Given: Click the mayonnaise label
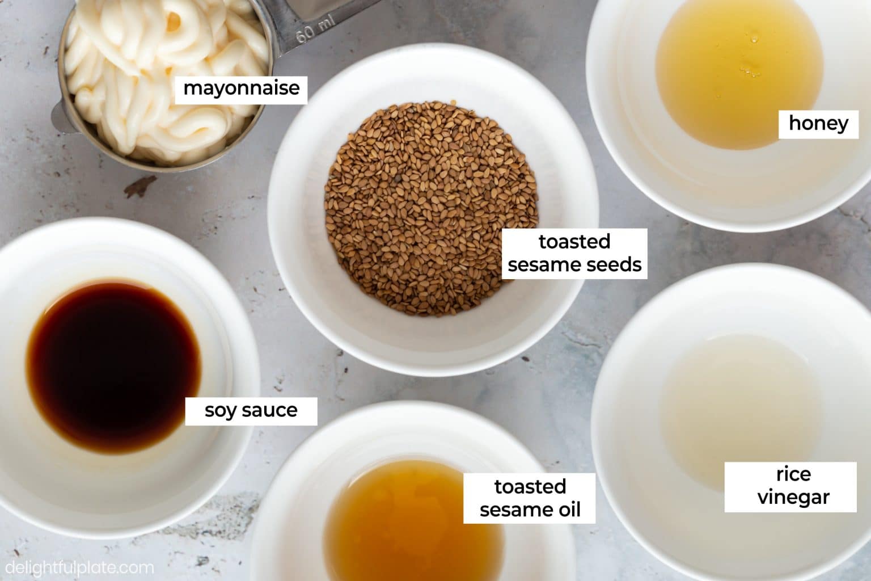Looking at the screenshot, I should [x=241, y=89].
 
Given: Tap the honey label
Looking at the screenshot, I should [x=818, y=123].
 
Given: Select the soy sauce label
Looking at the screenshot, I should [x=251, y=410].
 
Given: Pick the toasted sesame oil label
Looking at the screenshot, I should [x=530, y=498].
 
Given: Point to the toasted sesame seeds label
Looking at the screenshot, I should [x=574, y=254].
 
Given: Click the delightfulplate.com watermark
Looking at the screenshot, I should [x=77, y=567].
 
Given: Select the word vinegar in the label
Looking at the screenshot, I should [x=793, y=498].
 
